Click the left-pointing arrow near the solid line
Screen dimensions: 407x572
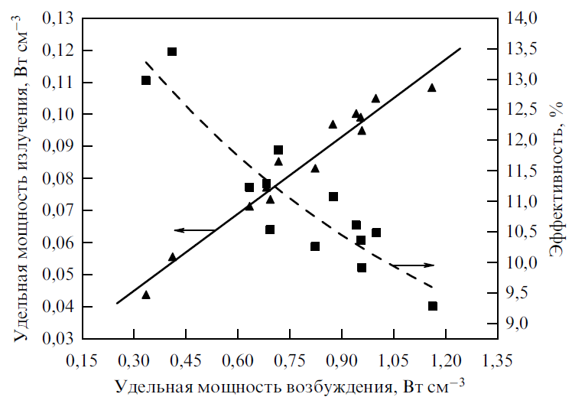click(x=195, y=230)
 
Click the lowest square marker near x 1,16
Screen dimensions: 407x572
click(x=433, y=306)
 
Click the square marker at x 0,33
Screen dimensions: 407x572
click(x=146, y=80)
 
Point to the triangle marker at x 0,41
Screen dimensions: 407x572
click(x=172, y=257)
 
